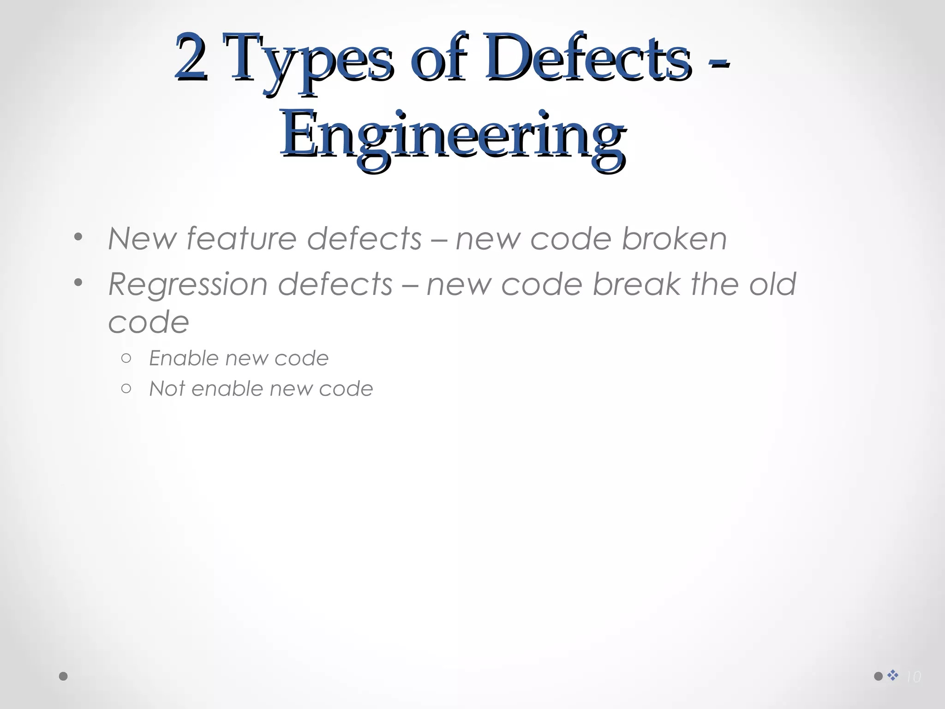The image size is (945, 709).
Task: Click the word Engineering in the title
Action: tap(453, 136)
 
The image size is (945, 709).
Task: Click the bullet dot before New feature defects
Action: tap(78, 237)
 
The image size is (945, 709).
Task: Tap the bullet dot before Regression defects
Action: tap(78, 282)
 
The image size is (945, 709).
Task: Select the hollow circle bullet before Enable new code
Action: tap(126, 358)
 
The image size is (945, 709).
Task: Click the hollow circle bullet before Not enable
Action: tap(126, 389)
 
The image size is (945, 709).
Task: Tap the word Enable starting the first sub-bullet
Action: tap(183, 358)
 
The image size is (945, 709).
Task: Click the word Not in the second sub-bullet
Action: tap(167, 389)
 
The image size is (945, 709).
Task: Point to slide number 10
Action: tap(913, 677)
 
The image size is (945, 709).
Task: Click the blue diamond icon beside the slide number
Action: tap(893, 675)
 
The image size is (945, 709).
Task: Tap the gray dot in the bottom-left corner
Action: tap(64, 676)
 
